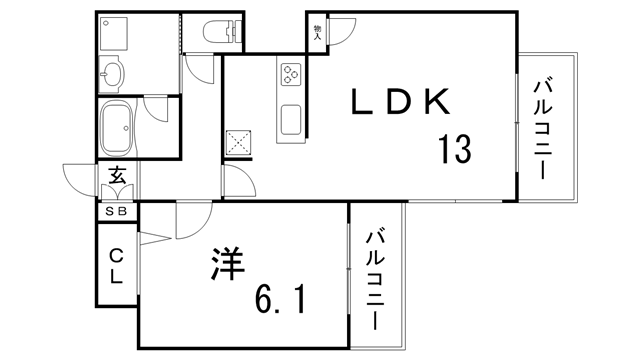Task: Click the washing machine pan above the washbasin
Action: [x=113, y=33]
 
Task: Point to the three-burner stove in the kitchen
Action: [x=291, y=72]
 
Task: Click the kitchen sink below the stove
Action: [x=291, y=118]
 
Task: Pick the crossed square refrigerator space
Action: [x=239, y=143]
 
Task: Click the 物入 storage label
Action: [x=317, y=34]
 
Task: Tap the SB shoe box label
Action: [x=116, y=211]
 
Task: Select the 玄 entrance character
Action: [x=117, y=178]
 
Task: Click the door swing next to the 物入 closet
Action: [x=340, y=34]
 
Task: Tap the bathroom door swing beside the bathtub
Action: [x=157, y=113]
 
